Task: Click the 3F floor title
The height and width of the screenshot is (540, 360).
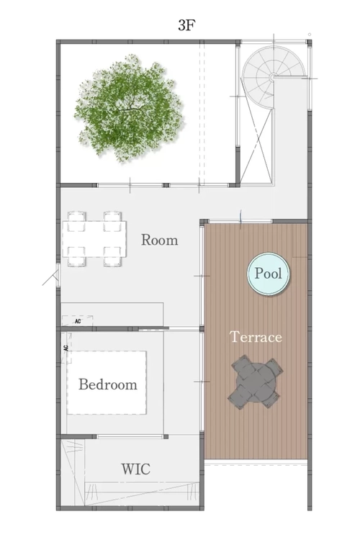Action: click(x=186, y=25)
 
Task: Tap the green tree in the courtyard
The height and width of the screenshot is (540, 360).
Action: click(x=127, y=107)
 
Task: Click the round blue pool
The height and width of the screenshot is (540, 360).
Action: click(x=269, y=274)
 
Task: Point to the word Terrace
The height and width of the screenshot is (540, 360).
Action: click(x=256, y=337)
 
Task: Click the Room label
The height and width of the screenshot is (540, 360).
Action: click(x=160, y=240)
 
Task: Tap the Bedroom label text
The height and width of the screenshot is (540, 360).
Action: click(x=108, y=384)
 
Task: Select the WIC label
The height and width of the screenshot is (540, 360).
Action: click(x=136, y=469)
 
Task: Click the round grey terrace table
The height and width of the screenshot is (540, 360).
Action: click(x=256, y=382)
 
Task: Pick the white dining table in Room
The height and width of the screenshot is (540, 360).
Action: click(x=94, y=239)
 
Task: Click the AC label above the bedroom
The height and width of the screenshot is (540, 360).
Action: click(x=78, y=321)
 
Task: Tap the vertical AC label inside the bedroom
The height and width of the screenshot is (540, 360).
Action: click(x=66, y=348)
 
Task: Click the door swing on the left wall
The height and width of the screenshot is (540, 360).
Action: click(x=52, y=277)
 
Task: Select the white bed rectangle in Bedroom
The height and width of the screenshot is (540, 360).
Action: click(x=107, y=382)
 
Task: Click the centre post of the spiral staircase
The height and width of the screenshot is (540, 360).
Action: click(x=272, y=78)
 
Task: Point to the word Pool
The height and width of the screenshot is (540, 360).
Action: click(x=269, y=274)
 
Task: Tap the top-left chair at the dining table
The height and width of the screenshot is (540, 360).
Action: click(x=76, y=220)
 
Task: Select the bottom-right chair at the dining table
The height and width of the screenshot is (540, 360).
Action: click(x=112, y=257)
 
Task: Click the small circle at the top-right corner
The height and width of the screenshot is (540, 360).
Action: click(x=310, y=35)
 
